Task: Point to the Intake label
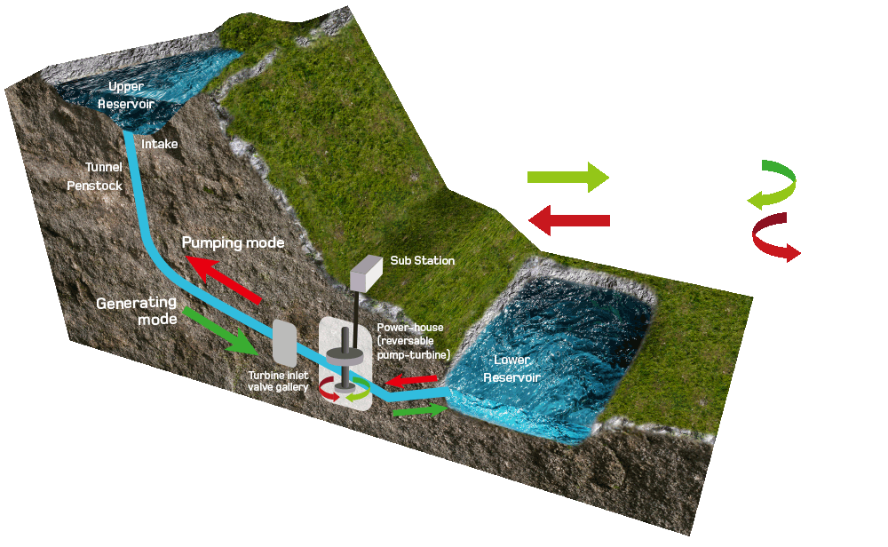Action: pos(161,143)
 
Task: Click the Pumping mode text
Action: pos(233,242)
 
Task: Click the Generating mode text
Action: pos(138,310)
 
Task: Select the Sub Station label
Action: pos(423,261)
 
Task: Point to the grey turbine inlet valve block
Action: pos(284,342)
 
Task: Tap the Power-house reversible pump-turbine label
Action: pos(414,341)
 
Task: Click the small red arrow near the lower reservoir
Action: pos(411,382)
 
